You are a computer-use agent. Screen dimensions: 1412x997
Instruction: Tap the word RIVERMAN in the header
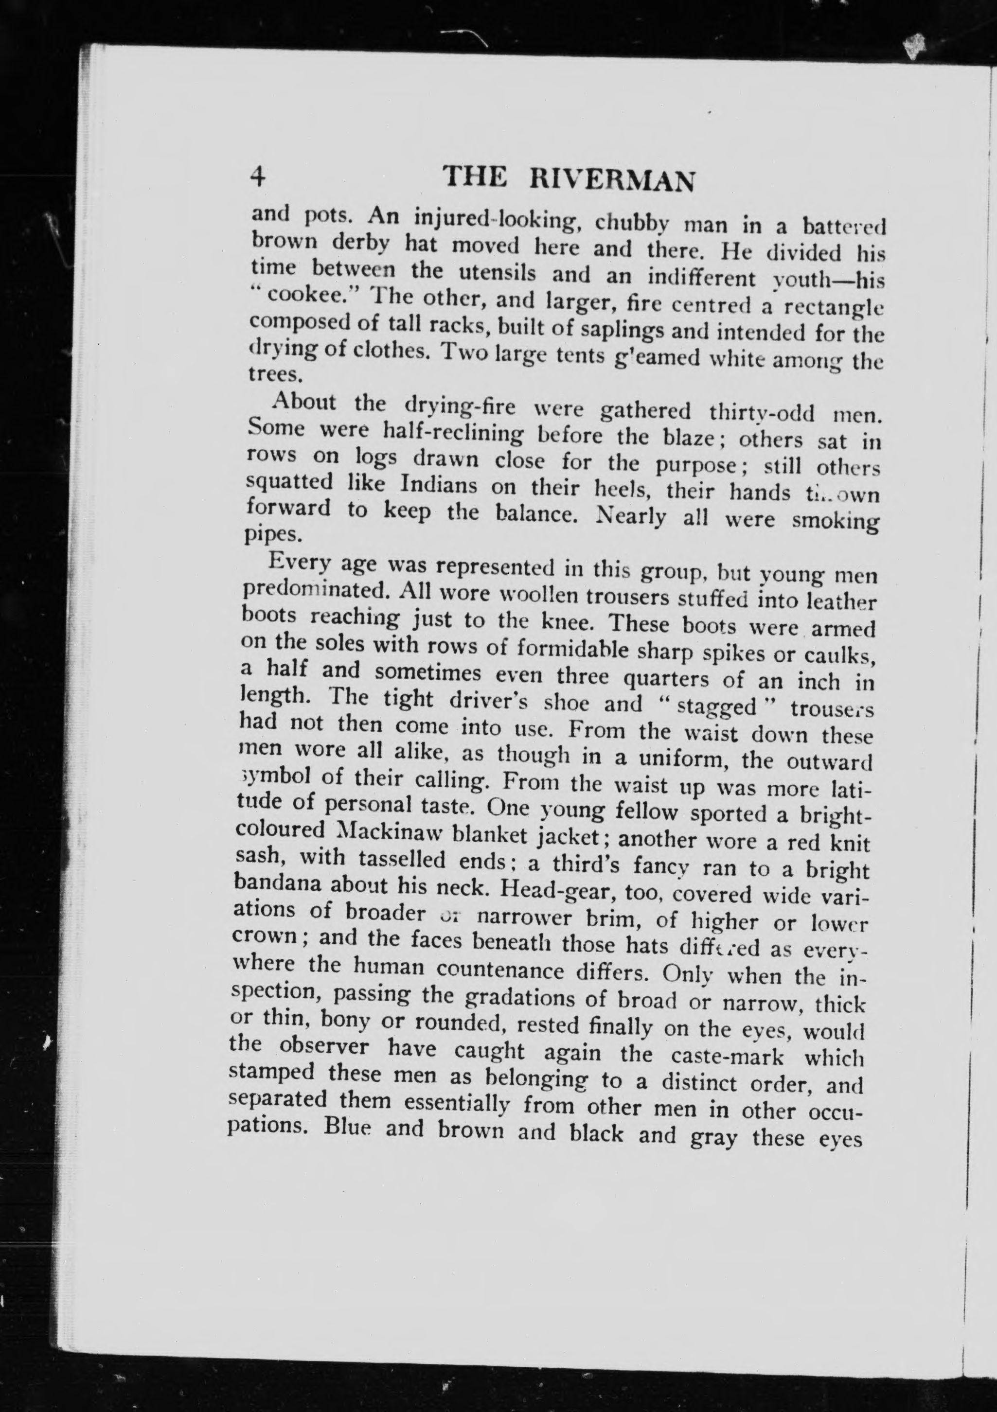coord(613,181)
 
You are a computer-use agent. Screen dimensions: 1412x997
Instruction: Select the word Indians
coord(439,485)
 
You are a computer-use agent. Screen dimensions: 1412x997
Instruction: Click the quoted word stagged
coord(716,706)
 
